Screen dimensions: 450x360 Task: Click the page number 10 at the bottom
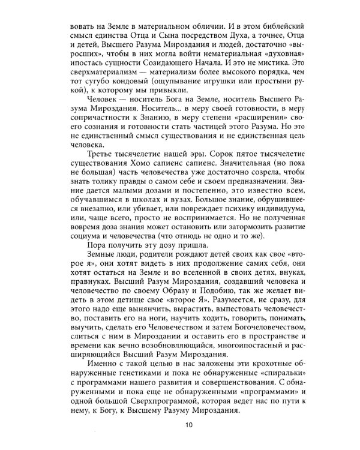[x=188, y=427]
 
